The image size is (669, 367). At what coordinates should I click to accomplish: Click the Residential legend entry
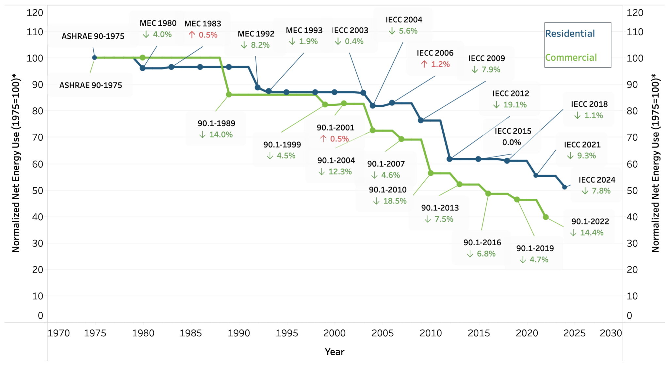[570, 34]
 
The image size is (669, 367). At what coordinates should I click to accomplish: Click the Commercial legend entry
[571, 58]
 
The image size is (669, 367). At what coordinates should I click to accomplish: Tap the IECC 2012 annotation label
[511, 94]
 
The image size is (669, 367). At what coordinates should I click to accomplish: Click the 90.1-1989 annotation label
[216, 124]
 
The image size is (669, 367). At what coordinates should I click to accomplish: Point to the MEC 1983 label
[203, 24]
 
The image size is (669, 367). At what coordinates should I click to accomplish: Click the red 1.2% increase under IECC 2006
[435, 64]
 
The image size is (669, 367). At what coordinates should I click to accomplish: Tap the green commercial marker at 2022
[546, 217]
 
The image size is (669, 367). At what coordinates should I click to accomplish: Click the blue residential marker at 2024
[564, 187]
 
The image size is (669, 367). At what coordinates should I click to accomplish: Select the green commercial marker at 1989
[229, 95]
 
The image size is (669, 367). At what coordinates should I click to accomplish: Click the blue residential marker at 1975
[94, 57]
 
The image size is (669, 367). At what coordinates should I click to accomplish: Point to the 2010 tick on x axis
[431, 333]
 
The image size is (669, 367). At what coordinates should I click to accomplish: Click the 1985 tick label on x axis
[190, 333]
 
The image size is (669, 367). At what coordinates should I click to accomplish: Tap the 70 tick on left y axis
[38, 137]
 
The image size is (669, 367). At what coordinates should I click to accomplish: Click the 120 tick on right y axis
[635, 13]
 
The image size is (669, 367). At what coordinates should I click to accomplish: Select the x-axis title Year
[334, 352]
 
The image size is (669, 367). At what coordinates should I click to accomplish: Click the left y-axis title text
[16, 163]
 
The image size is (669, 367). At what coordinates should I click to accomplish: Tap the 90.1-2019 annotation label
[535, 249]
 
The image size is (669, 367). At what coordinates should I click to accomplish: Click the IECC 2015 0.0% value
[511, 143]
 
